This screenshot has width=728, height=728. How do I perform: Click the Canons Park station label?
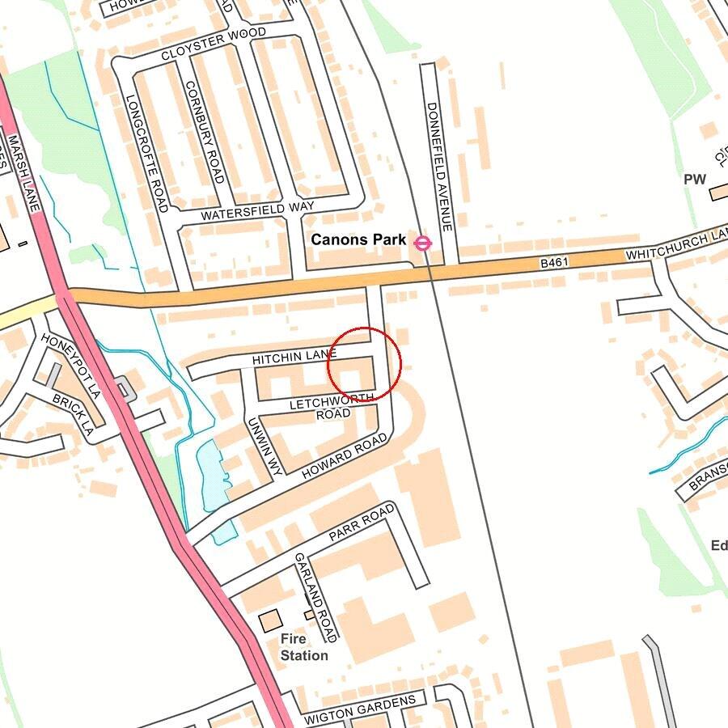(358, 240)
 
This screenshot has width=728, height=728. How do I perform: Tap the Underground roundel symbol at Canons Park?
(422, 242)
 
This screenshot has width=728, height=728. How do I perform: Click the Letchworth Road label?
(332, 405)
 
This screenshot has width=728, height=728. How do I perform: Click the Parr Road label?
(362, 523)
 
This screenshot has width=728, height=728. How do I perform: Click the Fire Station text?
(304, 647)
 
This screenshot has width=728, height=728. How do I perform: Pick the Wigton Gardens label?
(360, 709)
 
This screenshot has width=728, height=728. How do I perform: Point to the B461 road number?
(556, 263)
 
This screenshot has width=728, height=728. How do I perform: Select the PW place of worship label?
(695, 180)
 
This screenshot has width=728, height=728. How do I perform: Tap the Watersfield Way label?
(257, 211)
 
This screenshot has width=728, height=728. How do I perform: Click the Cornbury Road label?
(204, 132)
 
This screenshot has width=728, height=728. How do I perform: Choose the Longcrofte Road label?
(146, 153)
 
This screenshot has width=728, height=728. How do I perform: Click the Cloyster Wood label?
(214, 44)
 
